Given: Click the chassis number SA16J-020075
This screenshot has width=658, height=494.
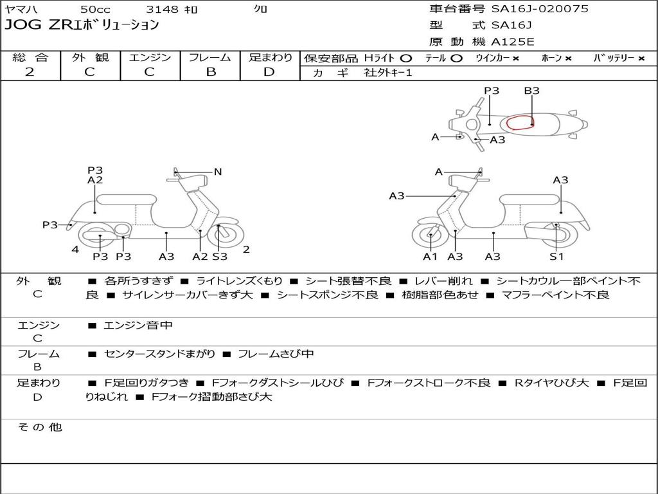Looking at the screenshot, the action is pyautogui.click(x=540, y=9).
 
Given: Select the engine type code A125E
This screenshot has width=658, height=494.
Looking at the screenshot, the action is pyautogui.click(x=513, y=42).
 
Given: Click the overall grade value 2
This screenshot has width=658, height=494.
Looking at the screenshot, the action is pyautogui.click(x=30, y=72).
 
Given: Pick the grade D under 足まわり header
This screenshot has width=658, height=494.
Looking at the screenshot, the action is pyautogui.click(x=269, y=72).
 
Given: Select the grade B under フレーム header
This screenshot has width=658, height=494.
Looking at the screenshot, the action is pyautogui.click(x=211, y=72).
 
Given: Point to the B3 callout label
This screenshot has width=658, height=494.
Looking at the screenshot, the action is pyautogui.click(x=531, y=91).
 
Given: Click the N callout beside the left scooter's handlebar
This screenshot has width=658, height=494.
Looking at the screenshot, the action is pyautogui.click(x=217, y=172).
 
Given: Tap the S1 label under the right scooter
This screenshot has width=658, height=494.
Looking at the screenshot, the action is pyautogui.click(x=556, y=257).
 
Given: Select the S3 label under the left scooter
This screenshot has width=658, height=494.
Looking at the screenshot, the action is pyautogui.click(x=220, y=257).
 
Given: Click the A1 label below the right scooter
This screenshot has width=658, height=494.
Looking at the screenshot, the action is pyautogui.click(x=430, y=257).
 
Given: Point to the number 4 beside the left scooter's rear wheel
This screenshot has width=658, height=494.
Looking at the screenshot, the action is pyautogui.click(x=75, y=250).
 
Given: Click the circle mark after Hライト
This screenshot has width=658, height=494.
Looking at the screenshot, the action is pyautogui.click(x=406, y=59).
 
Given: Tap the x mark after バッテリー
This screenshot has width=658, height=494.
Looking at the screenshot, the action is pyautogui.click(x=641, y=59).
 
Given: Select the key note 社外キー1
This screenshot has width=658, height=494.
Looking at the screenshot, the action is pyautogui.click(x=388, y=73).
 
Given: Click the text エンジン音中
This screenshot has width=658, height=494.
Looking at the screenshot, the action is pyautogui.click(x=138, y=325).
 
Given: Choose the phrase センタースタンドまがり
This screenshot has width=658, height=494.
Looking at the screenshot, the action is pyautogui.click(x=159, y=354).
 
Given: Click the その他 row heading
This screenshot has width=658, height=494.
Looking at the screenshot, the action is pyautogui.click(x=40, y=427).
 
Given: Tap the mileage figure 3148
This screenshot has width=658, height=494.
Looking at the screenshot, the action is pyautogui.click(x=162, y=9).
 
